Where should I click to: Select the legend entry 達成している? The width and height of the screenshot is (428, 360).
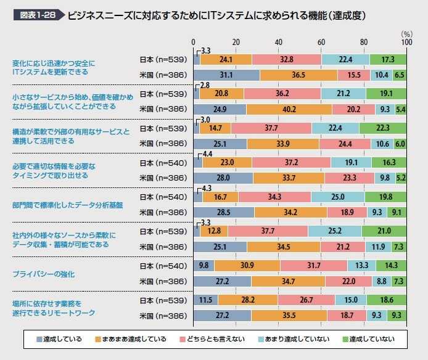coord(60,339)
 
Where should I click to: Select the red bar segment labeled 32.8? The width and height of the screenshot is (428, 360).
coord(286,59)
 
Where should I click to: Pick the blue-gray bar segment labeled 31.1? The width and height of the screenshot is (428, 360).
coord(226,75)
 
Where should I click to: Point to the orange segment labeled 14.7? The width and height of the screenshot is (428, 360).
coord(215,128)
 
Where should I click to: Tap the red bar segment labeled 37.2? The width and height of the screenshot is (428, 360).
coord(291,162)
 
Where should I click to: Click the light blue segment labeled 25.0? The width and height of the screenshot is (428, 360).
coord(337,197)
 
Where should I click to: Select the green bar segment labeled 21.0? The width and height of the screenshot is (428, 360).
coord(384,231)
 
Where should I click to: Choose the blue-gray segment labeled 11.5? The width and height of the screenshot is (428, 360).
coord(206,300)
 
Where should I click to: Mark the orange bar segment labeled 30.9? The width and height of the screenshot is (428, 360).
coord(247,266)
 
